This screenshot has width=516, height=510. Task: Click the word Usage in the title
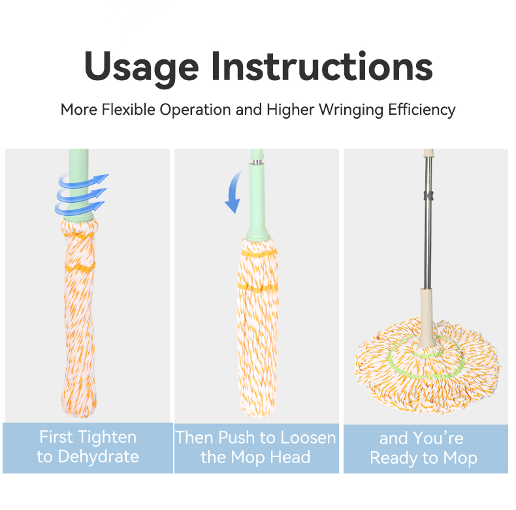(x=142, y=68)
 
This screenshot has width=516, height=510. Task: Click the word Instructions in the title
(x=322, y=66)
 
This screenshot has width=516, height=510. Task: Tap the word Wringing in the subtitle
(x=351, y=110)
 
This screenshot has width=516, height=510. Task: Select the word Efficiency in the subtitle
(x=422, y=110)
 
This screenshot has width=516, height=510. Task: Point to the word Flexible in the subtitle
(x=128, y=110)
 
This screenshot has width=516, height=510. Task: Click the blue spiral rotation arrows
(x=81, y=194)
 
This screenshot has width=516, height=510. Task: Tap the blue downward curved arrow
(x=234, y=192)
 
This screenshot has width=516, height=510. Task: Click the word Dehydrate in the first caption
(x=99, y=457)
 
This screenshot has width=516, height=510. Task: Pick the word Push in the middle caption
(x=236, y=438)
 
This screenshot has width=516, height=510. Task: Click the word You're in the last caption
(x=438, y=438)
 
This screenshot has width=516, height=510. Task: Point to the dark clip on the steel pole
(x=428, y=196)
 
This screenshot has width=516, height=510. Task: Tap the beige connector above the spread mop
(x=427, y=318)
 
